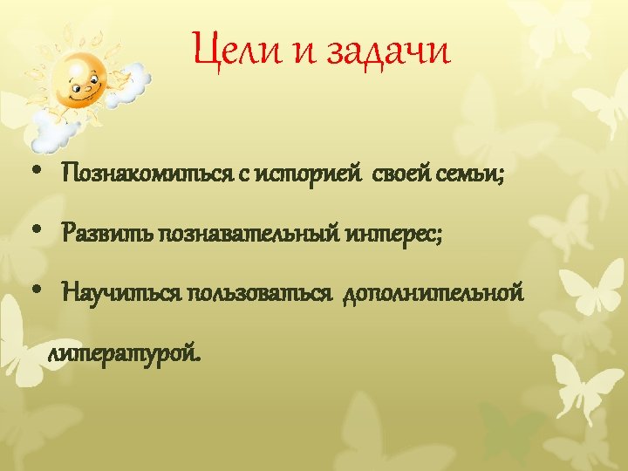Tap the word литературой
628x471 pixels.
124,353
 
